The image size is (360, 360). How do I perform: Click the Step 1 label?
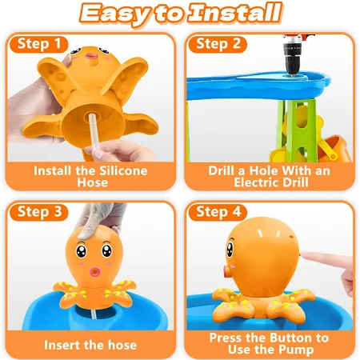point(39,44)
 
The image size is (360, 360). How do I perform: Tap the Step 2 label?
point(218,44)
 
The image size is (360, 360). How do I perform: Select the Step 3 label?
point(39,212)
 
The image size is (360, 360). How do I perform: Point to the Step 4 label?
point(218,212)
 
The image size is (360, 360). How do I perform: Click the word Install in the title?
point(235,13)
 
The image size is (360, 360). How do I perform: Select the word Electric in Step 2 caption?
point(258,182)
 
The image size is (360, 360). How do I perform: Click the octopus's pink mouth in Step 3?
point(94,271)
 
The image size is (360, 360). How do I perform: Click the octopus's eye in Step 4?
point(230,250)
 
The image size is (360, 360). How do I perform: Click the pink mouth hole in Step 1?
point(90,56)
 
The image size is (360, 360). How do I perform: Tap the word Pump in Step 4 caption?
point(298,350)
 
